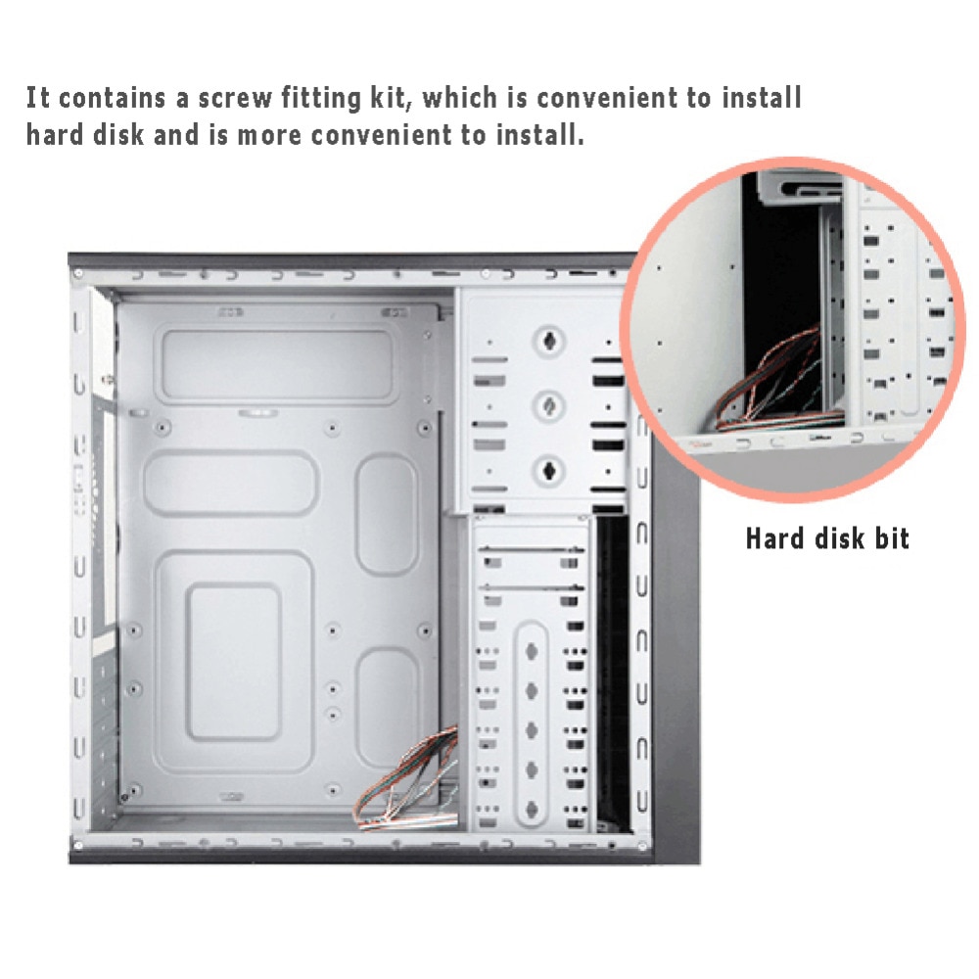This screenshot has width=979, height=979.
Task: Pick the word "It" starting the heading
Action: click(37, 98)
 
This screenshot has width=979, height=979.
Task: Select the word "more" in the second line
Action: click(270, 134)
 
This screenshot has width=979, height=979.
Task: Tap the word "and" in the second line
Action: click(177, 134)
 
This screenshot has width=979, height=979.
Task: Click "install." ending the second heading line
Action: click(536, 134)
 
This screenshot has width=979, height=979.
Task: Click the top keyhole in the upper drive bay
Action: click(548, 342)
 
